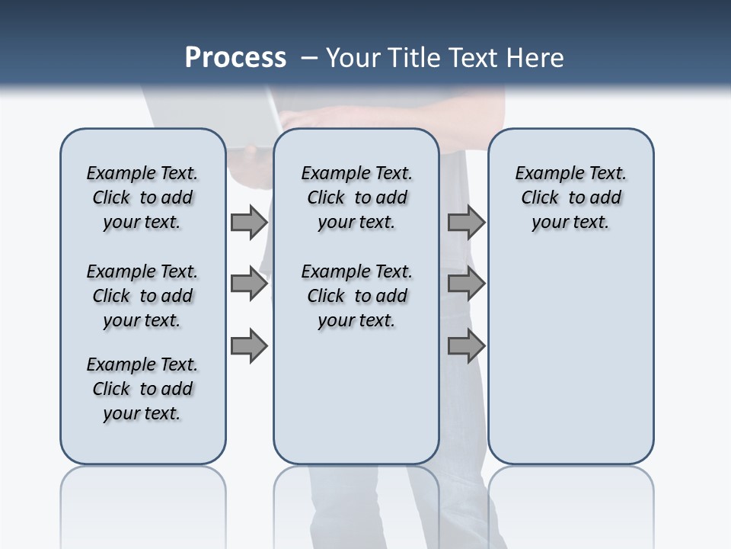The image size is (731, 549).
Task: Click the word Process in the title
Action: click(x=235, y=58)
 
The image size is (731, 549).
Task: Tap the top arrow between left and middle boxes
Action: click(x=249, y=222)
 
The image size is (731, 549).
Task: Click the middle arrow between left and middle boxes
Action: click(x=249, y=284)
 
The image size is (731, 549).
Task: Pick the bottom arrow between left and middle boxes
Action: click(x=249, y=346)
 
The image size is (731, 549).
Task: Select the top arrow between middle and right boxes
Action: click(x=466, y=222)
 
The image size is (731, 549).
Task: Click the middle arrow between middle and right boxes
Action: click(x=466, y=284)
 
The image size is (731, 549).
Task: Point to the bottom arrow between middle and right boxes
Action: click(x=466, y=346)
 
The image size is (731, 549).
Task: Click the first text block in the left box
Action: click(x=142, y=197)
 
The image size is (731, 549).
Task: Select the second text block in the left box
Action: click(x=142, y=296)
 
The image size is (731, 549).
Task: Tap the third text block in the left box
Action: click(x=142, y=389)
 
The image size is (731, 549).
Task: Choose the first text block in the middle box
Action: click(x=356, y=197)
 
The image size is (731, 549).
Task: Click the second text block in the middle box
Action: click(x=356, y=296)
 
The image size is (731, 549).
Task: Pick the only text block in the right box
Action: click(x=570, y=197)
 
